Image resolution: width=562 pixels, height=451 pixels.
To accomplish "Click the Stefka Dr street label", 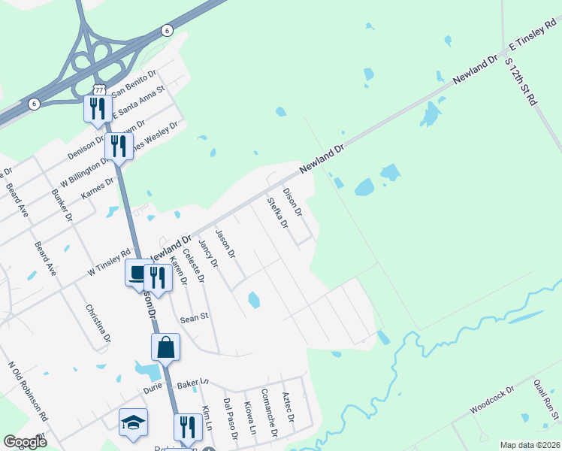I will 277,213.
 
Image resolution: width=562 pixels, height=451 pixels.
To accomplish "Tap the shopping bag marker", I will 165,347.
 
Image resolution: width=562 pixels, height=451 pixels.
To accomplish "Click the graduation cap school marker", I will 133,422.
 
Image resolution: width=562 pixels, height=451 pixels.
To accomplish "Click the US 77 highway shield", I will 99,89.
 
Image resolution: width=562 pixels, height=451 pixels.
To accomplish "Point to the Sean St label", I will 193,319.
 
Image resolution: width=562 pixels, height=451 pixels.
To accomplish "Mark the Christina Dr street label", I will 97,322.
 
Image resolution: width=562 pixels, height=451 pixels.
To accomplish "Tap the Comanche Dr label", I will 268,413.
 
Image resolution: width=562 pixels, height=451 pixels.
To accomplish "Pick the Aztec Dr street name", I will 289,406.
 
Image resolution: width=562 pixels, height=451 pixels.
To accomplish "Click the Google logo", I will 25,442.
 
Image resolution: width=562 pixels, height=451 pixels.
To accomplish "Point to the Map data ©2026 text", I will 530,444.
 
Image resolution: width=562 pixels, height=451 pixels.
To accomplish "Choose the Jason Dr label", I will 225,245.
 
